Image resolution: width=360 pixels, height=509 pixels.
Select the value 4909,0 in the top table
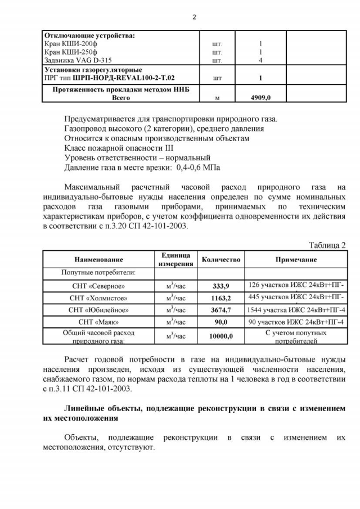[x=260, y=97]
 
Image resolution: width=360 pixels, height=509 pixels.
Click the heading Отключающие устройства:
[x=89, y=35]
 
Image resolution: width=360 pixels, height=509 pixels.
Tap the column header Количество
[x=221, y=260]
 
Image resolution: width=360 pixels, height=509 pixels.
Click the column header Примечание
[x=295, y=260]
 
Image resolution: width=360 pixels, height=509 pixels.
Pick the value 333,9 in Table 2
[x=220, y=286]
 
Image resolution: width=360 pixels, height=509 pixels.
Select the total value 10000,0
[x=220, y=336]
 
